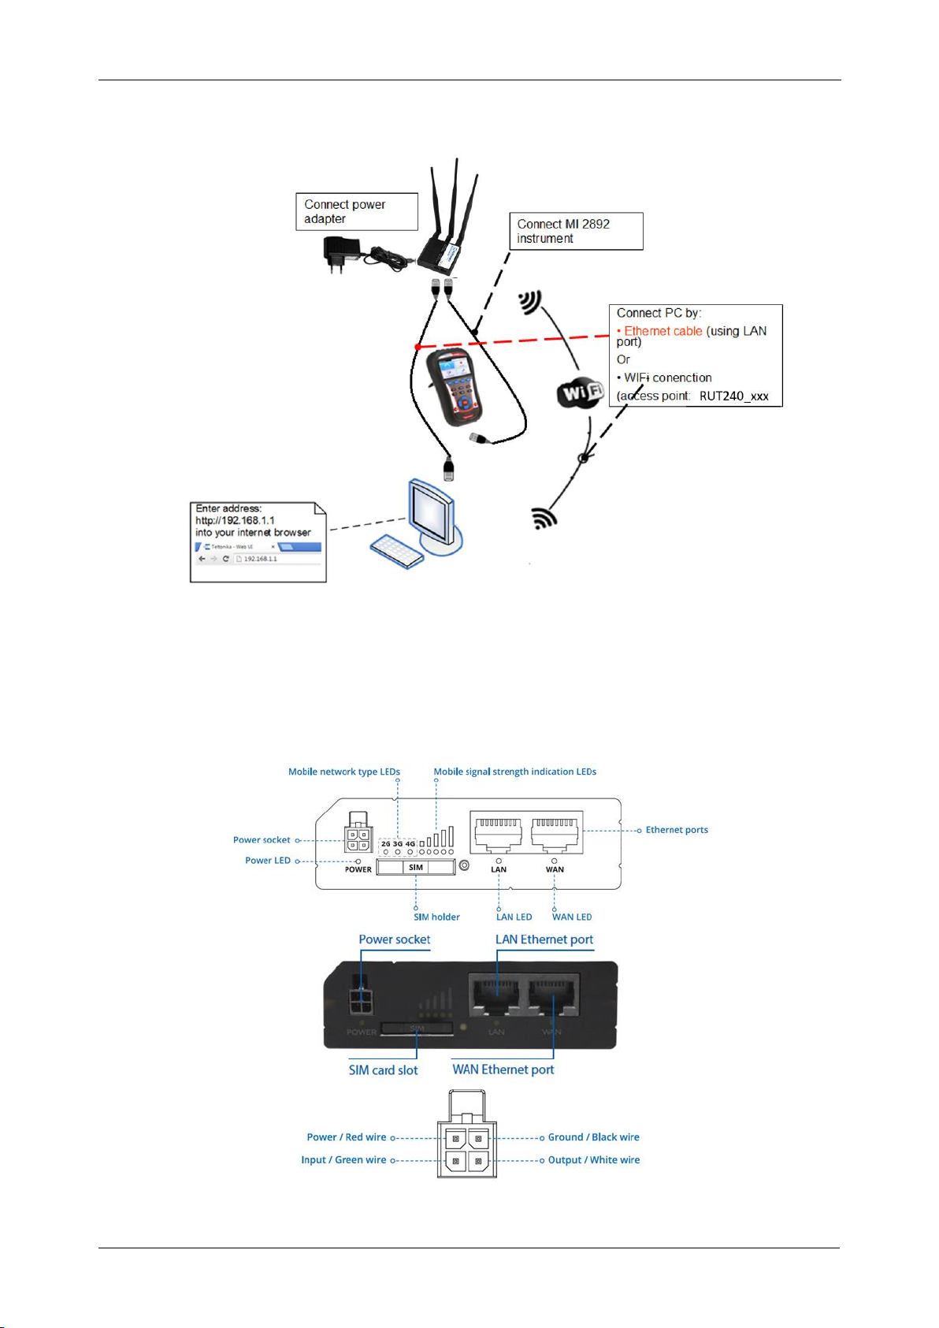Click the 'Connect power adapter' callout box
coord(356,211)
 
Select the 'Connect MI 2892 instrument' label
coord(576,231)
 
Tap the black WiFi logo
coord(581,392)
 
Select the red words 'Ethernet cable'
coord(663,331)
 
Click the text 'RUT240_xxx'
coord(733,396)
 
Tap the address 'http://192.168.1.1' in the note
coord(235,520)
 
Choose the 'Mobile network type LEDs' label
coord(344,772)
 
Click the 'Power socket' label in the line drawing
coord(262,840)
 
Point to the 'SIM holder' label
coord(436,917)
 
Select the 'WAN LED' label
coord(572,917)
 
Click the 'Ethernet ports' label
coord(677,830)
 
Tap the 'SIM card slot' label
coord(384,1070)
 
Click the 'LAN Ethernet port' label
coord(544,939)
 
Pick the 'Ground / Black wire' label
coord(593,1137)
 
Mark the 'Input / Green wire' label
coord(343,1160)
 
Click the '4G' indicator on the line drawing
coord(410,844)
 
